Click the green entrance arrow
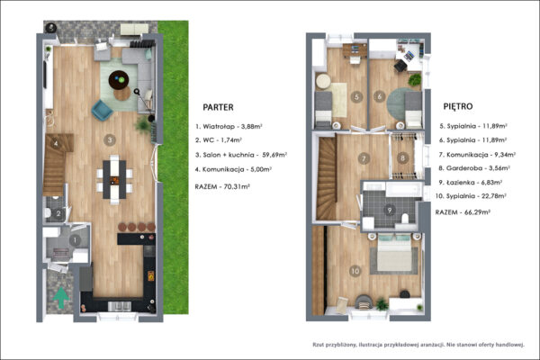point(61,298)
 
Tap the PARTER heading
point(218,107)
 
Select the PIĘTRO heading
point(458,106)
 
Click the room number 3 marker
point(110,139)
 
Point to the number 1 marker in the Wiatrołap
point(75,240)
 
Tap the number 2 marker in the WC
point(58,214)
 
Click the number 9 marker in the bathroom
point(390,210)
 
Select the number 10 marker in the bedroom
point(355,271)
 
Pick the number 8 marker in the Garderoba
point(402,158)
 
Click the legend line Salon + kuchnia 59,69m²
point(241,155)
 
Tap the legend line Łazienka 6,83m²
point(470,182)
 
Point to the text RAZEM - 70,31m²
point(222,186)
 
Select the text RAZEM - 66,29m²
point(463,212)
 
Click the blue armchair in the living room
point(102,110)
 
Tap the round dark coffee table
point(119,80)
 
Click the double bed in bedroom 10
point(394,253)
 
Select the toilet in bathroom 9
point(405,219)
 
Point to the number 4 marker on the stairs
point(56,142)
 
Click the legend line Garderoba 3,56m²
point(474,168)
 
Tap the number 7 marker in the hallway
point(364,158)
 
